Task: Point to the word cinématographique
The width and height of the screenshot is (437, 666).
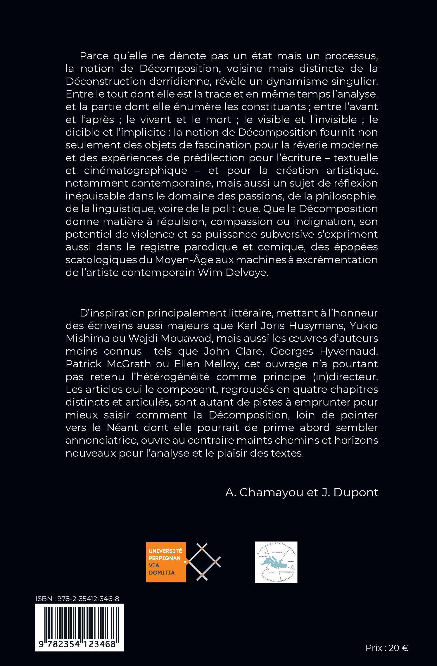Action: pos(136,170)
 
